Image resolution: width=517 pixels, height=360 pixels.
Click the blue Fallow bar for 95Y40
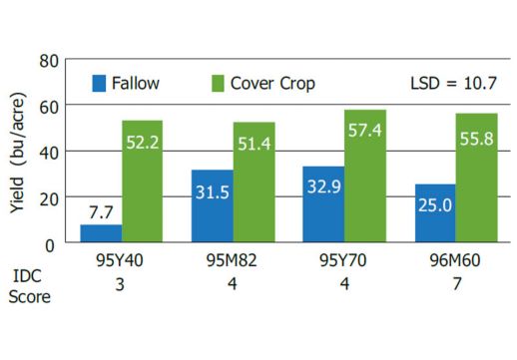[x=101, y=233]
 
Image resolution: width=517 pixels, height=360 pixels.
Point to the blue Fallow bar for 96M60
[x=435, y=213]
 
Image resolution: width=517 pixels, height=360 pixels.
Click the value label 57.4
[x=365, y=131]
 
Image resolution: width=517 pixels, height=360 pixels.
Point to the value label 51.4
[x=254, y=145]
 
